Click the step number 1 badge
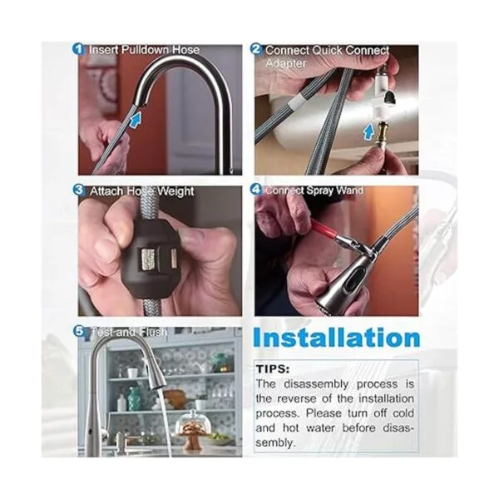click(x=79, y=49)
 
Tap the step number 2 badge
click(x=256, y=50)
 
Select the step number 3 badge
click(x=79, y=190)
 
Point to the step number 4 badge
click(x=256, y=190)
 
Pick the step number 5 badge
click(x=79, y=332)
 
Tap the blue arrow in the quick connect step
click(x=368, y=132)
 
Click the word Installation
click(x=336, y=338)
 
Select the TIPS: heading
click(x=273, y=369)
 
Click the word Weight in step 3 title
click(x=176, y=191)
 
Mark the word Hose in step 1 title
click(x=186, y=50)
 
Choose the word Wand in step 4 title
click(x=350, y=190)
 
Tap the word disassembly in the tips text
click(x=316, y=383)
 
